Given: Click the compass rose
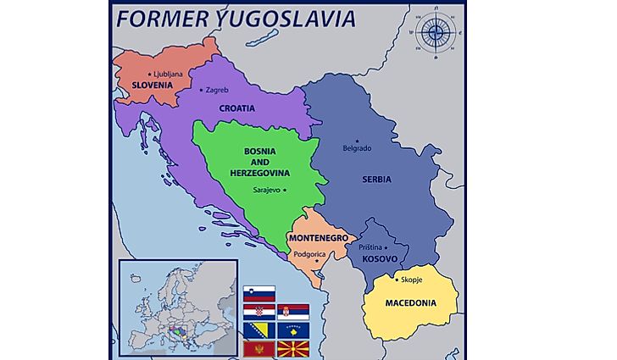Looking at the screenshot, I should (436, 33).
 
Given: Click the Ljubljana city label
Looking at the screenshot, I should (166, 74).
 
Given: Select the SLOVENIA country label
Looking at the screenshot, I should (152, 86).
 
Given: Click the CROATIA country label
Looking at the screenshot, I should (237, 108).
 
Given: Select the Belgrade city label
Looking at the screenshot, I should (356, 147).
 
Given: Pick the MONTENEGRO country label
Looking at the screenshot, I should (319, 239).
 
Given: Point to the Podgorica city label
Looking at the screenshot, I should (312, 253).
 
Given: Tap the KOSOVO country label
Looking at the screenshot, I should (379, 258).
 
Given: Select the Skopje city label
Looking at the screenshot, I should (410, 279).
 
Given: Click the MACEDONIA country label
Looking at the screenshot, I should (410, 302).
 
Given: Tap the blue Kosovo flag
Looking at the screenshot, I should (292, 330).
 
